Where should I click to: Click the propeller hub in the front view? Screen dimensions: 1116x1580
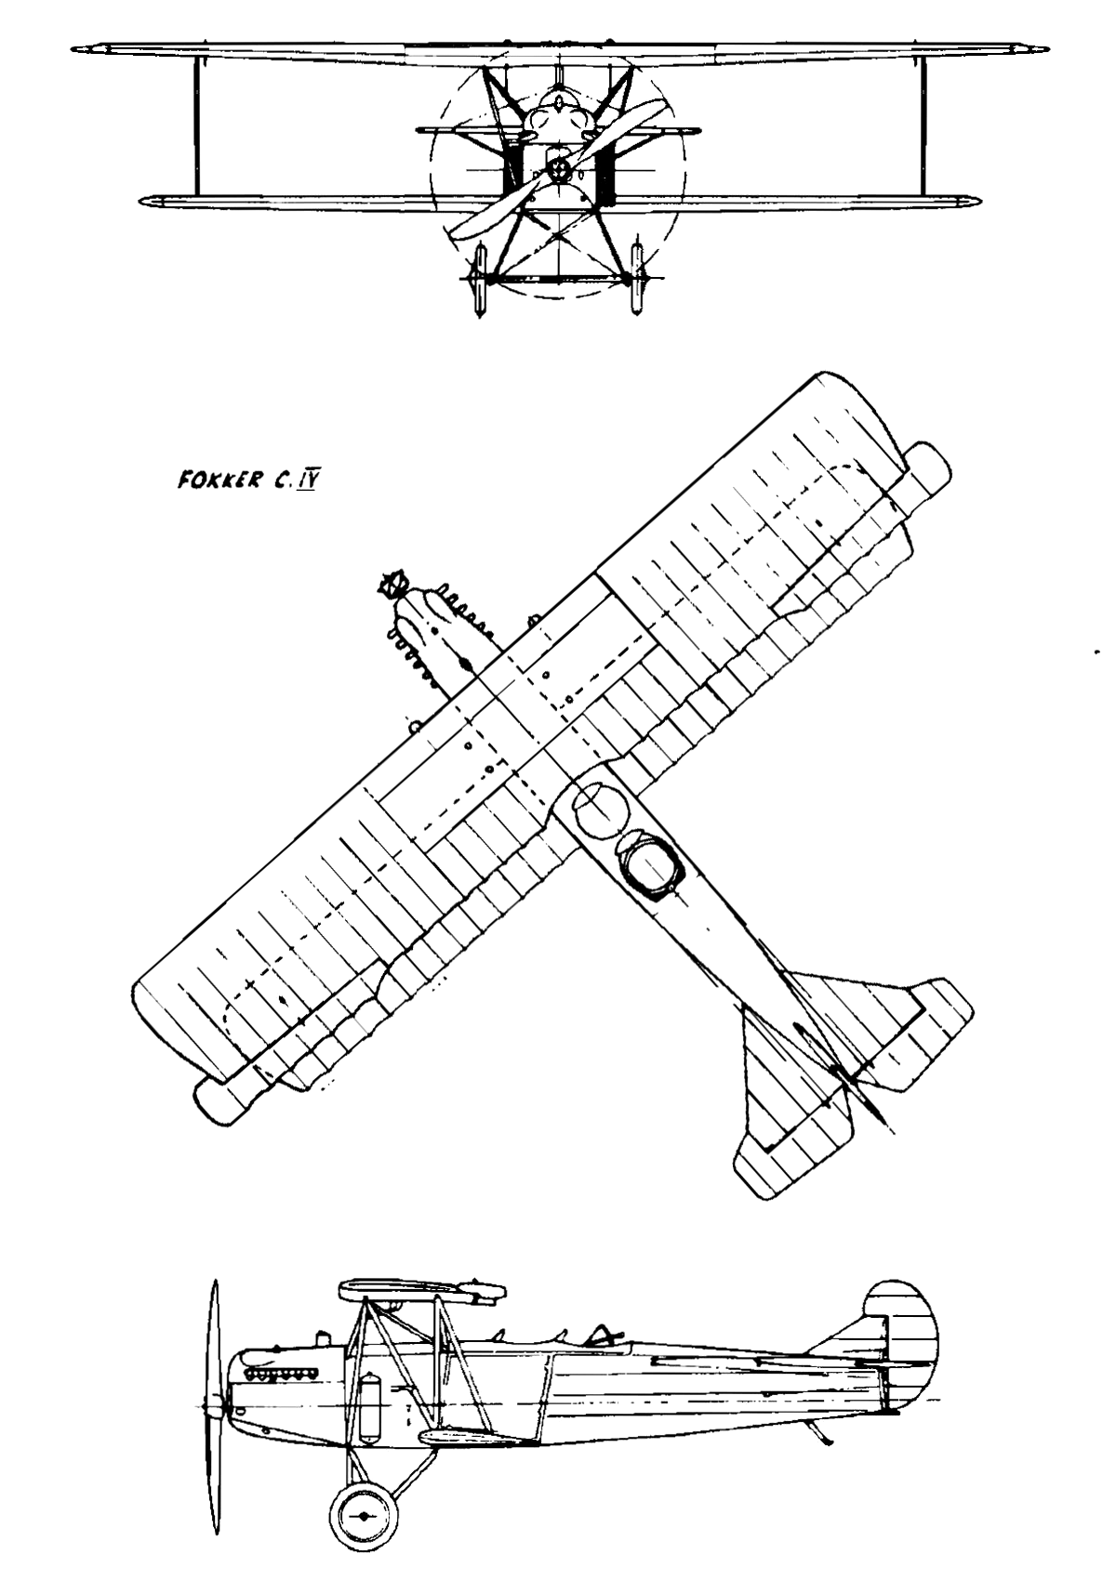(x=561, y=168)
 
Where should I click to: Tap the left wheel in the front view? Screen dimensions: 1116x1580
(x=481, y=280)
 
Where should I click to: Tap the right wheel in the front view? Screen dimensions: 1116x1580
(x=638, y=280)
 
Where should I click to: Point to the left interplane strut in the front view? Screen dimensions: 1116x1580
(x=197, y=126)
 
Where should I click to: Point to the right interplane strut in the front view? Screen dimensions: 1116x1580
(x=922, y=126)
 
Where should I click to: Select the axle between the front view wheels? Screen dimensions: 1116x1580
(x=559, y=280)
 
